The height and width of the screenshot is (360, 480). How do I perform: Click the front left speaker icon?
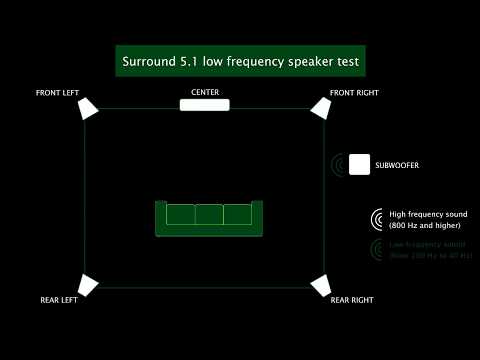(89, 107)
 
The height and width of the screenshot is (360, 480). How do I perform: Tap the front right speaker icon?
(320, 107)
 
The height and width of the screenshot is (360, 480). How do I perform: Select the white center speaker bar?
(205, 105)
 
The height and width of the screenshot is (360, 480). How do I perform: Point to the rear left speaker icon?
(89, 285)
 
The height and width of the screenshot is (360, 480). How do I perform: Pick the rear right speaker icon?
(320, 286)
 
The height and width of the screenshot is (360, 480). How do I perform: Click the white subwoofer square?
(359, 165)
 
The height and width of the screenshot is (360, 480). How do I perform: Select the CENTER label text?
(205, 92)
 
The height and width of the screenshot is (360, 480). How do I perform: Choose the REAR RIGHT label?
(352, 300)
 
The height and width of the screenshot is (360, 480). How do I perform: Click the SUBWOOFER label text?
(398, 165)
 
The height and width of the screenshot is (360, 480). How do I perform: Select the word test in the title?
(346, 61)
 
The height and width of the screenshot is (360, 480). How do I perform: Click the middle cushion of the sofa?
(209, 214)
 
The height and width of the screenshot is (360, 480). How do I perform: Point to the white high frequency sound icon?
(377, 219)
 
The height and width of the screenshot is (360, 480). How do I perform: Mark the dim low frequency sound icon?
(377, 249)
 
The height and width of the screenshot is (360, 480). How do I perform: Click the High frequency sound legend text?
(428, 214)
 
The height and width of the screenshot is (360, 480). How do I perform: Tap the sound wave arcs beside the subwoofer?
(339, 165)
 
